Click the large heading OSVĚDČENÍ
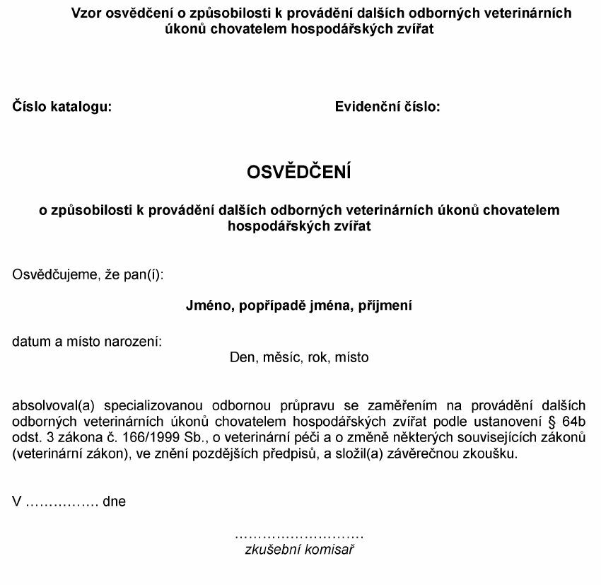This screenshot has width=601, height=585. pyautogui.click(x=298, y=173)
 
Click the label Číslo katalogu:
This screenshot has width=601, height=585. pyautogui.click(x=62, y=108)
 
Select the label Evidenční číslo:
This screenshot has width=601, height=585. pyautogui.click(x=387, y=108)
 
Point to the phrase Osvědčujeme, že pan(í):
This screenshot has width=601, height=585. pyautogui.click(x=88, y=273)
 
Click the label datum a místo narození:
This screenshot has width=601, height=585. pyautogui.click(x=87, y=342)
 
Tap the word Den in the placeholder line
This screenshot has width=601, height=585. pyautogui.click(x=242, y=358)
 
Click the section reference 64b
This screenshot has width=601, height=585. pyautogui.click(x=573, y=422)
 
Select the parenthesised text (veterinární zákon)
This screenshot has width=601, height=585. pyautogui.click(x=70, y=454)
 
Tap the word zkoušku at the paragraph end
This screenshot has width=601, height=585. pyautogui.click(x=496, y=454)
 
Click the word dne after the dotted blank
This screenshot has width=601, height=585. pyautogui.click(x=114, y=502)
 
